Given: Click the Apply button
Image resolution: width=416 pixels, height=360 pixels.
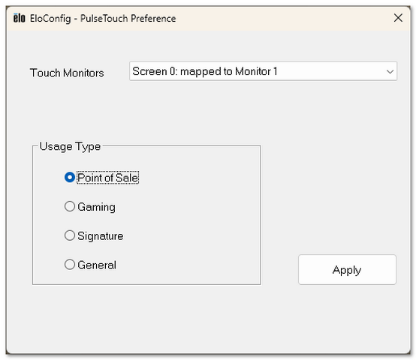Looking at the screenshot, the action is click(347, 270).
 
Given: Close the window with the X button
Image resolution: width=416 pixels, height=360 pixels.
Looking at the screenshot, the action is click(398, 18).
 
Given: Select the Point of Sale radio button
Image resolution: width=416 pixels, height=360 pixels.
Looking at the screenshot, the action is click(70, 177).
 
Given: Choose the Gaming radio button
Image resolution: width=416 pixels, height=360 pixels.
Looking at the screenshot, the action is click(70, 206).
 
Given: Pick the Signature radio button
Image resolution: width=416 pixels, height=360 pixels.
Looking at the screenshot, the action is click(70, 235).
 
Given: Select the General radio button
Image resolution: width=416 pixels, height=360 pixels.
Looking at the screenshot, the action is click(70, 264).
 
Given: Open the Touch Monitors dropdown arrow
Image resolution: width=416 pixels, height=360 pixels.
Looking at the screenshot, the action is click(390, 71).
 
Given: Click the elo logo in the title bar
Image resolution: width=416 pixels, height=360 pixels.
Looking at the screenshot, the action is click(19, 18).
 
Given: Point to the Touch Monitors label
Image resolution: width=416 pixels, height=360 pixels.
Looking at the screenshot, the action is click(67, 73).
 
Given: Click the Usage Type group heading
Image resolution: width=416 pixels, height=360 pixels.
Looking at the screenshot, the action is click(70, 146).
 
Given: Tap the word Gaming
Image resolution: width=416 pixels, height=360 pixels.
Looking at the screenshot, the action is click(97, 207).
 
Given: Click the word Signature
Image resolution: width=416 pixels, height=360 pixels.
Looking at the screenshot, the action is click(101, 236).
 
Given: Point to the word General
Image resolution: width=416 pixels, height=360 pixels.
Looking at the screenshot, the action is click(97, 265).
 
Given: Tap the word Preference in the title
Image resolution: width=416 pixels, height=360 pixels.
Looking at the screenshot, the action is click(153, 18).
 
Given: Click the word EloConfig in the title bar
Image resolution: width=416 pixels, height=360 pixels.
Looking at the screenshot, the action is click(50, 19).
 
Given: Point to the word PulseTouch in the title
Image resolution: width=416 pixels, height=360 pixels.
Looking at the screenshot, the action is click(104, 18).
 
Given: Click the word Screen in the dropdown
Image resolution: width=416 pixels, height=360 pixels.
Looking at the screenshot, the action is click(149, 71).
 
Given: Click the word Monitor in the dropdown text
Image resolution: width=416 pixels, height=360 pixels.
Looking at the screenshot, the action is click(253, 71).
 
